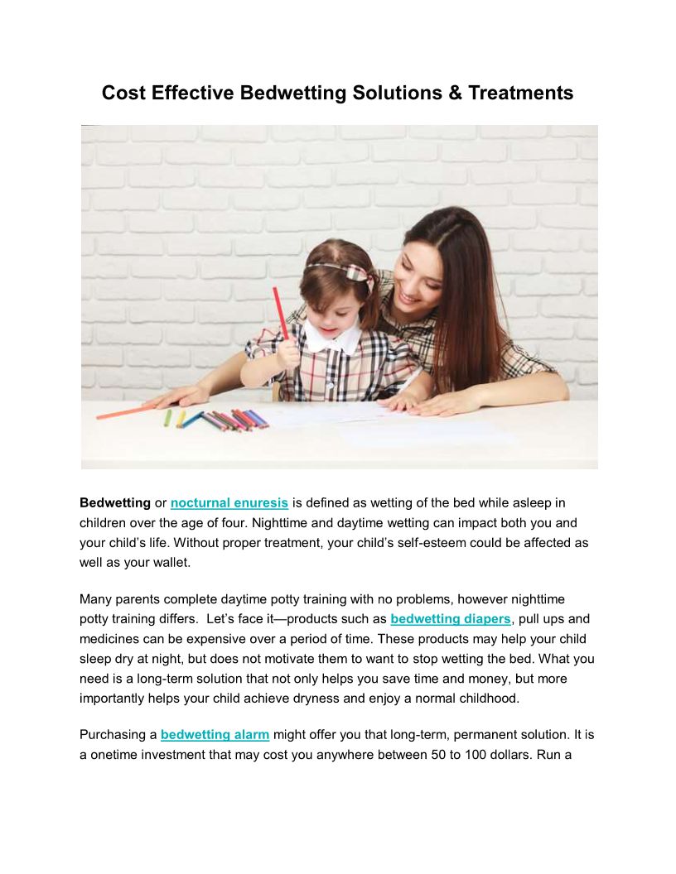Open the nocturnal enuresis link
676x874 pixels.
229,502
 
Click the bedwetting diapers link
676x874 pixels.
451,618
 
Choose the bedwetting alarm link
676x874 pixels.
215,734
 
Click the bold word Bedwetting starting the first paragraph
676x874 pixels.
115,502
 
